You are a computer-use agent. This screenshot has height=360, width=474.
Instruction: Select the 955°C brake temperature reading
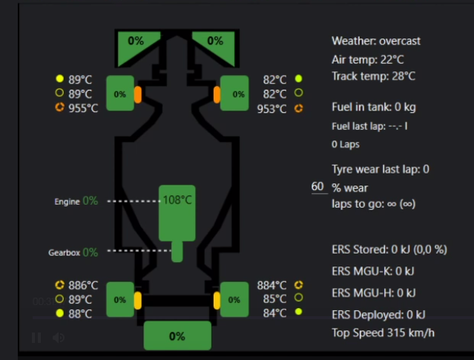tap(84, 108)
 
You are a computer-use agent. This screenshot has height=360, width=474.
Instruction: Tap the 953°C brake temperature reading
tap(271, 109)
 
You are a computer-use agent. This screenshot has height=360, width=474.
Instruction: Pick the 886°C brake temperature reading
tap(83, 285)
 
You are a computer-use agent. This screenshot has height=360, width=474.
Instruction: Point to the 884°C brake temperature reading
tap(272, 285)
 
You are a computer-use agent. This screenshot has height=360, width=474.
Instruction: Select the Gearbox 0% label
tap(73, 252)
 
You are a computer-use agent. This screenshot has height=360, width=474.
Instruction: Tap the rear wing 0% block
tap(177, 336)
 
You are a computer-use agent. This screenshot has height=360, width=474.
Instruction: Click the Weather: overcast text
tap(376, 41)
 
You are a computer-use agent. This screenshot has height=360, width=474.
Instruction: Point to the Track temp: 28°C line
tap(373, 76)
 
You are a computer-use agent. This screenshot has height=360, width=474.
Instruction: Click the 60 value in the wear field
tap(318, 187)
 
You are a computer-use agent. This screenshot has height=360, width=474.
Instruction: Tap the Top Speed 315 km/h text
tap(383, 333)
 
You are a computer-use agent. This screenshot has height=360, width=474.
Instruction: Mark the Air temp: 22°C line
tap(369, 59)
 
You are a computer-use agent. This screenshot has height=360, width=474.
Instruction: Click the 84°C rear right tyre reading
tap(274, 312)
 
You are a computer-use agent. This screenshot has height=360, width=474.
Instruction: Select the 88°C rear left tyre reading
tap(80, 313)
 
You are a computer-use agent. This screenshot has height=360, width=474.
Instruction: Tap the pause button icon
tap(36, 338)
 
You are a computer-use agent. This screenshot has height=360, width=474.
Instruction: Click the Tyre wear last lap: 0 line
tap(381, 169)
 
